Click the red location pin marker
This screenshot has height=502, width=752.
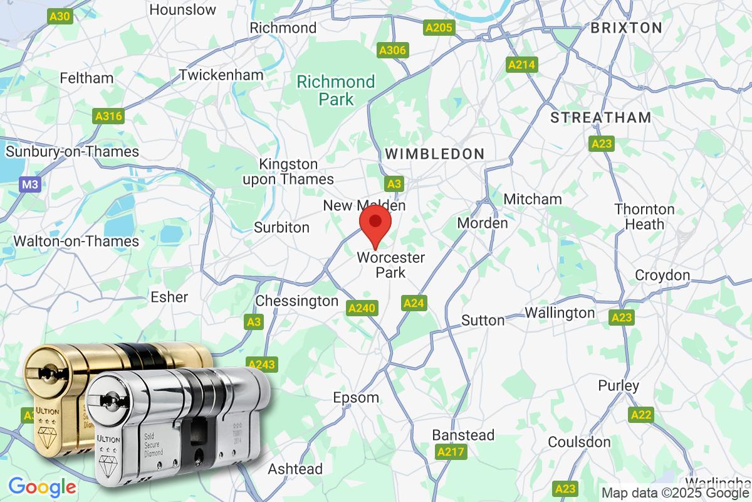(x=375, y=224)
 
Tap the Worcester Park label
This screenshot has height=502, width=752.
(x=391, y=265)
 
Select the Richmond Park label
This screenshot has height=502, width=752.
(x=336, y=90)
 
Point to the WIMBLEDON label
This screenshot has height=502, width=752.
(x=434, y=154)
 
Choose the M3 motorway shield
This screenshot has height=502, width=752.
(x=29, y=184)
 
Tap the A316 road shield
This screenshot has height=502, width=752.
(x=109, y=116)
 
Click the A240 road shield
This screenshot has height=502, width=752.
(x=362, y=307)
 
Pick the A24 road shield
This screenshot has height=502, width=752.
(x=414, y=304)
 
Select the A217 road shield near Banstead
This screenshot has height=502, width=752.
(x=450, y=452)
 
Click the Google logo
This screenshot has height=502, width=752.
(x=42, y=486)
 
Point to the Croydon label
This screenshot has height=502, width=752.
(x=662, y=275)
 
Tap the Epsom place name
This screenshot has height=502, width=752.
(x=356, y=398)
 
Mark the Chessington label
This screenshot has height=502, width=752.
(x=297, y=301)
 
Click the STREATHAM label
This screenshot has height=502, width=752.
(x=600, y=117)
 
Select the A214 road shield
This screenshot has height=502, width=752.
(x=521, y=65)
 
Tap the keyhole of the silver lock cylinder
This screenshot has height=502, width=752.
(x=110, y=400)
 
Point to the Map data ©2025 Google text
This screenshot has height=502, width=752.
(x=676, y=493)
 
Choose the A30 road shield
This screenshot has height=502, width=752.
(x=60, y=16)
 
